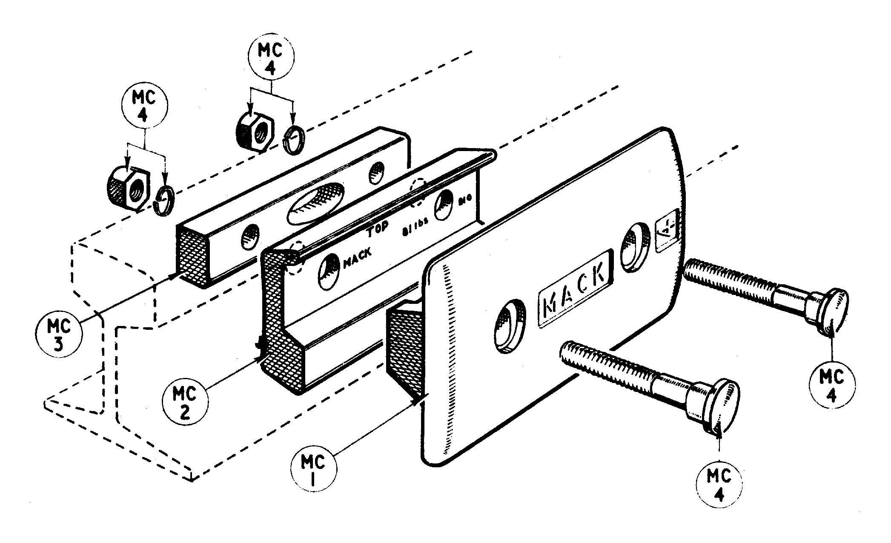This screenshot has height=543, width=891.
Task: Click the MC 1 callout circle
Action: pyautogui.click(x=313, y=469)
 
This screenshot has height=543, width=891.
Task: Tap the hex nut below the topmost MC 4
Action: pyautogui.click(x=253, y=132)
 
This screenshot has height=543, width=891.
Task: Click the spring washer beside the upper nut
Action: pyautogui.click(x=294, y=139)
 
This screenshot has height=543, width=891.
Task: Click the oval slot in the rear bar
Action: pyautogui.click(x=315, y=203)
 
